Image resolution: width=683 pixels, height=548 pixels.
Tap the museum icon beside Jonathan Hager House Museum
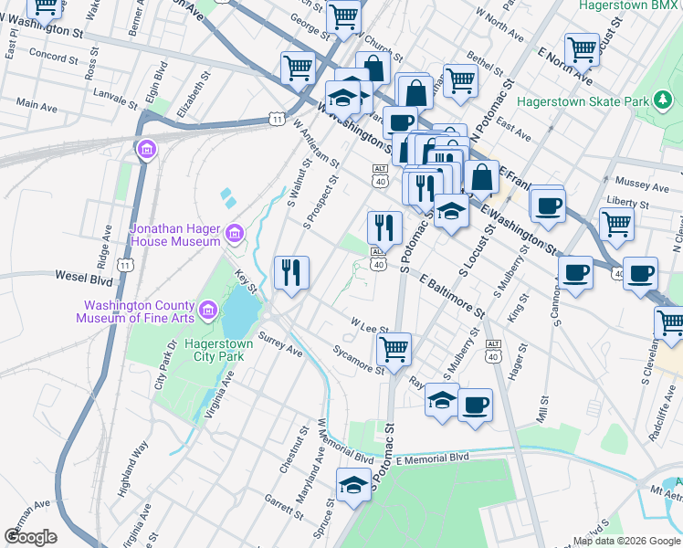tap(235, 235)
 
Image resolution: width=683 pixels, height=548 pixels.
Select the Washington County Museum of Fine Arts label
tap(139, 312)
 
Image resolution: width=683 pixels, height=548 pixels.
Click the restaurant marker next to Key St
tap(292, 271)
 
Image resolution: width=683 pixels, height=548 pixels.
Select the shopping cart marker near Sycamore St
tap(394, 349)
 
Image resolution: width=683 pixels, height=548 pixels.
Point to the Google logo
tap(31, 537)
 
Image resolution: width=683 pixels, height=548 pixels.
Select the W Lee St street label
tap(370, 326)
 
